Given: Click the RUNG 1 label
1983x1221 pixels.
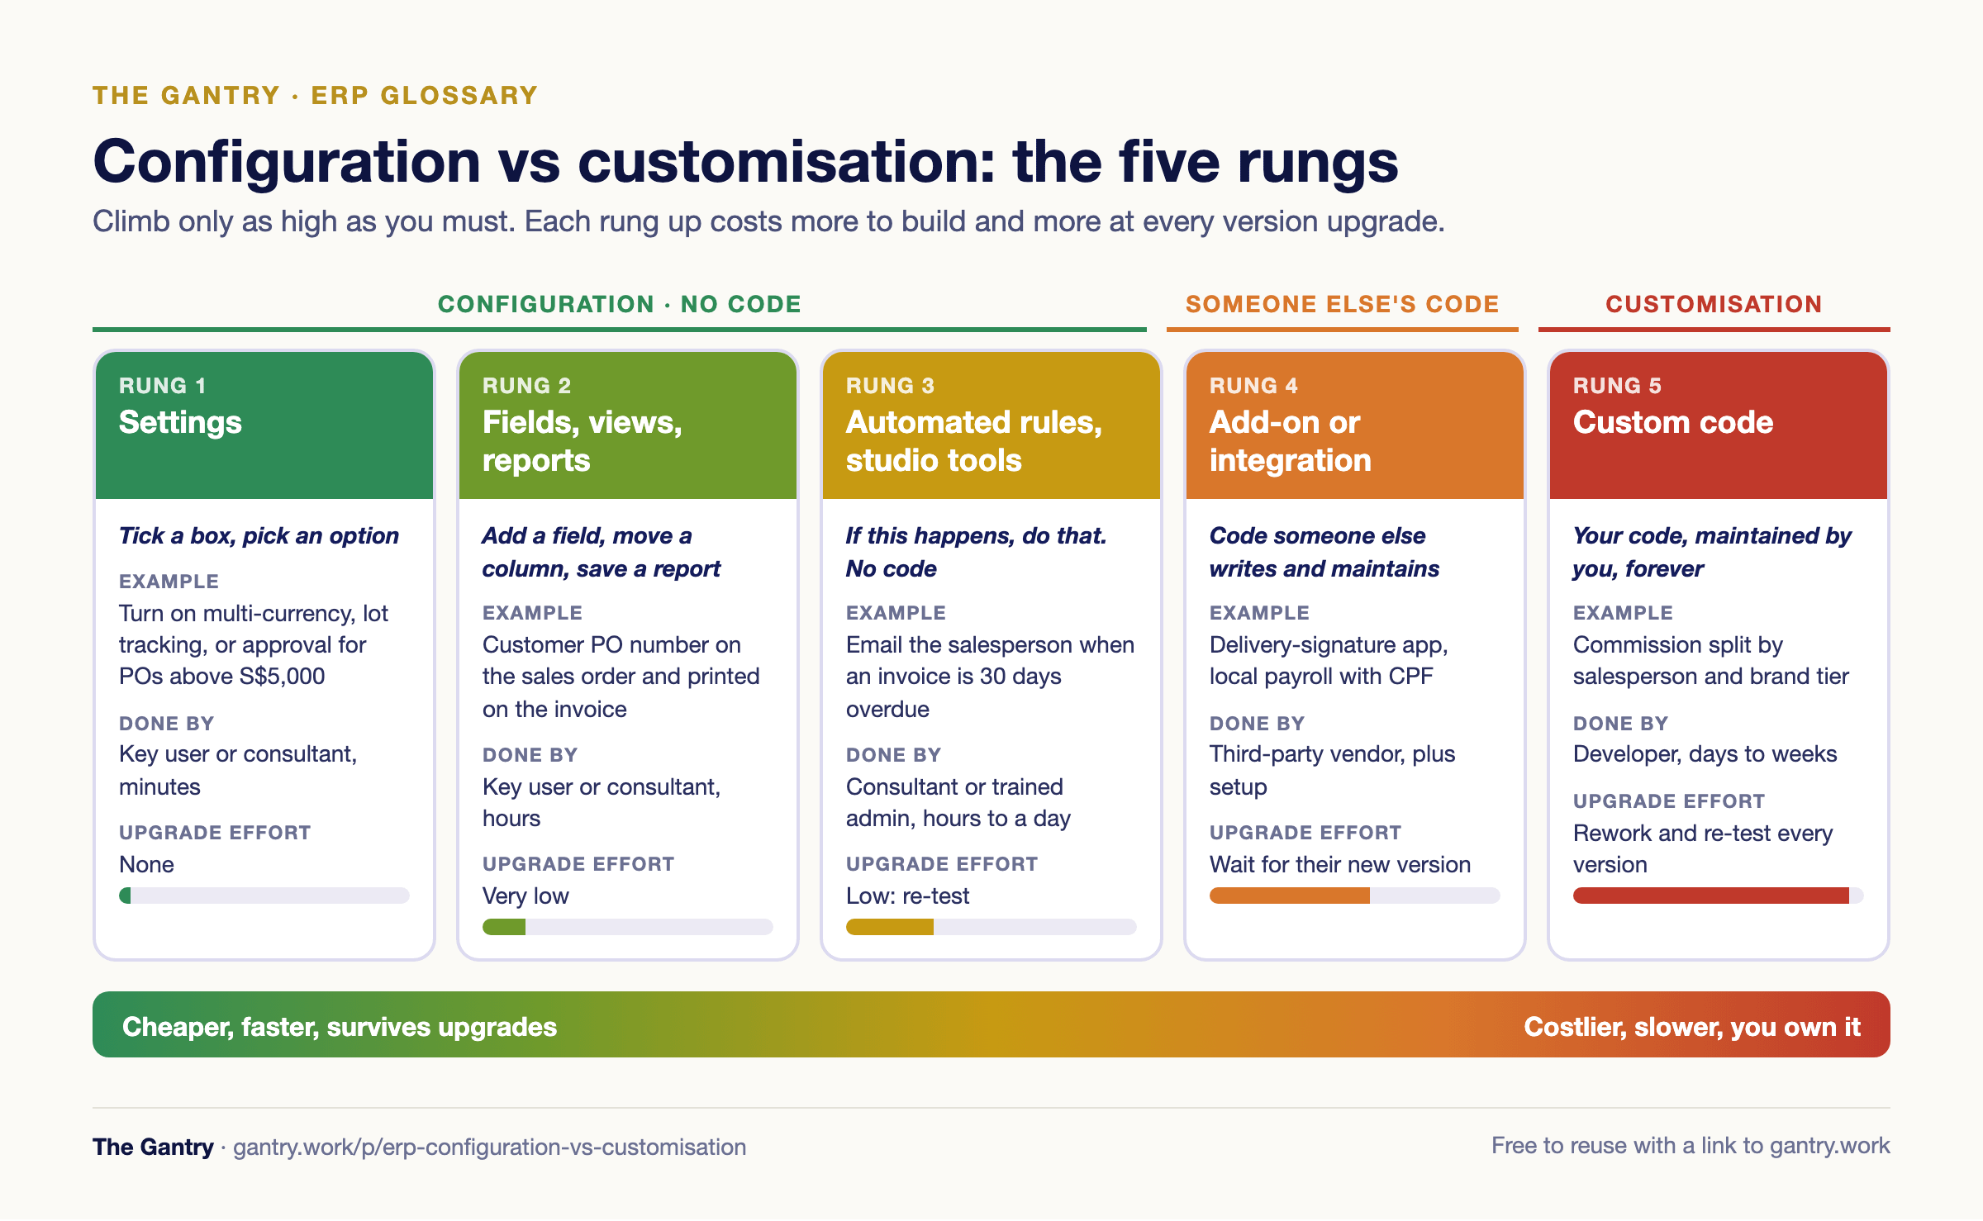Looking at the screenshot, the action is tap(163, 386).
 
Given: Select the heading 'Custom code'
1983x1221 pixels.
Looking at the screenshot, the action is tap(1673, 422).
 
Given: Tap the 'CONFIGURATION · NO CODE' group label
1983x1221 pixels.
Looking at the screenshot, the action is tap(620, 304).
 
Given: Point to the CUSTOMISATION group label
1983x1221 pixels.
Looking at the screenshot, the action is tap(1714, 304).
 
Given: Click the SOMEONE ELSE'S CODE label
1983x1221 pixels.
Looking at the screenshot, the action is tap(1343, 304).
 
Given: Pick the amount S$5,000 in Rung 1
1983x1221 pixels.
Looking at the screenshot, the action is tap(282, 677).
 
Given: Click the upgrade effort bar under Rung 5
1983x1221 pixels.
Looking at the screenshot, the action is tap(1719, 896).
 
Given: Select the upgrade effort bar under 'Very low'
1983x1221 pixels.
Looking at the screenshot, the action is tap(628, 927).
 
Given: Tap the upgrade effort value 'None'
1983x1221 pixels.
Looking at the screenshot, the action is tap(146, 864).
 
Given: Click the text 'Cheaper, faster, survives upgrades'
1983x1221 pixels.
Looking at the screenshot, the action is tap(340, 1027).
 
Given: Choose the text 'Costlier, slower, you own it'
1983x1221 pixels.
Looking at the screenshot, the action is tap(1692, 1027).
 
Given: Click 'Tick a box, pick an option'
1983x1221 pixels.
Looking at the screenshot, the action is tap(259, 536).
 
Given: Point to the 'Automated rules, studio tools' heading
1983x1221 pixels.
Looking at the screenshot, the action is tap(974, 441).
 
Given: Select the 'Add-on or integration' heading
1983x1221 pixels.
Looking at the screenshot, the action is tap(1291, 441).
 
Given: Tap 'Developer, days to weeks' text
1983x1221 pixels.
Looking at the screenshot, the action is tap(1705, 754).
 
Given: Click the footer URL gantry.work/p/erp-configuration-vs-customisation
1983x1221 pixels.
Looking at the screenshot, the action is tap(489, 1147).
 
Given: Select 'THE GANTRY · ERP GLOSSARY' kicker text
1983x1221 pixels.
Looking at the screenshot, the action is tap(315, 95).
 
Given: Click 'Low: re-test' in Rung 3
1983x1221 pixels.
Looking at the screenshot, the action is tap(907, 896).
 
